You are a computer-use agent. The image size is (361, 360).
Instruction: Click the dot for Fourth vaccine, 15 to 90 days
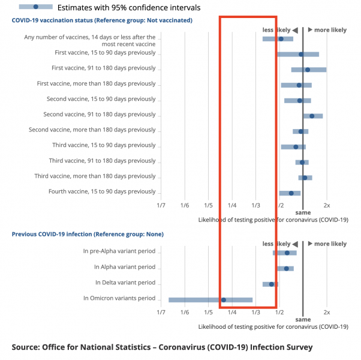pyautogui.click(x=291, y=193)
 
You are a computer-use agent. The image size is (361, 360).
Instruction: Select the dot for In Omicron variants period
pyautogui.click(x=223, y=299)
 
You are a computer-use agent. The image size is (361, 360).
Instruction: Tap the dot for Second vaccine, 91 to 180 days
pyautogui.click(x=312, y=116)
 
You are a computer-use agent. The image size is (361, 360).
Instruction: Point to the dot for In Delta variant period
pyautogui.click(x=272, y=284)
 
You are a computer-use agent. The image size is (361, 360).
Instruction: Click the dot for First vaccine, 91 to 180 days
pyautogui.click(x=308, y=70)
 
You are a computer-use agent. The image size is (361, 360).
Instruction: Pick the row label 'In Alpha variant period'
pyautogui.click(x=125, y=267)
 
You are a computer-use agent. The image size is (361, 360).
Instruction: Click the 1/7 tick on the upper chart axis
pyautogui.click(x=161, y=205)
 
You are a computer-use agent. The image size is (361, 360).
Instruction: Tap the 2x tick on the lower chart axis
pyautogui.click(x=327, y=312)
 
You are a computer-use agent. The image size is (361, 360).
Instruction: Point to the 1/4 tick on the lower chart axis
pyautogui.click(x=231, y=312)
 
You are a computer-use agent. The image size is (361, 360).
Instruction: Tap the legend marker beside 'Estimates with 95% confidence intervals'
pyautogui.click(x=35, y=7)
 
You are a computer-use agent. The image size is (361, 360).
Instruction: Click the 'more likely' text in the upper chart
pyautogui.click(x=330, y=29)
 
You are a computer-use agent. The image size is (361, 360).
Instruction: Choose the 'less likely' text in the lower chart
pyautogui.click(x=276, y=244)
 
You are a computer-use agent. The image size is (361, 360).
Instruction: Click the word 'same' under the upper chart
pyautogui.click(x=303, y=212)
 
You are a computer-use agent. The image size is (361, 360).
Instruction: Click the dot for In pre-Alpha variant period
pyautogui.click(x=287, y=253)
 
